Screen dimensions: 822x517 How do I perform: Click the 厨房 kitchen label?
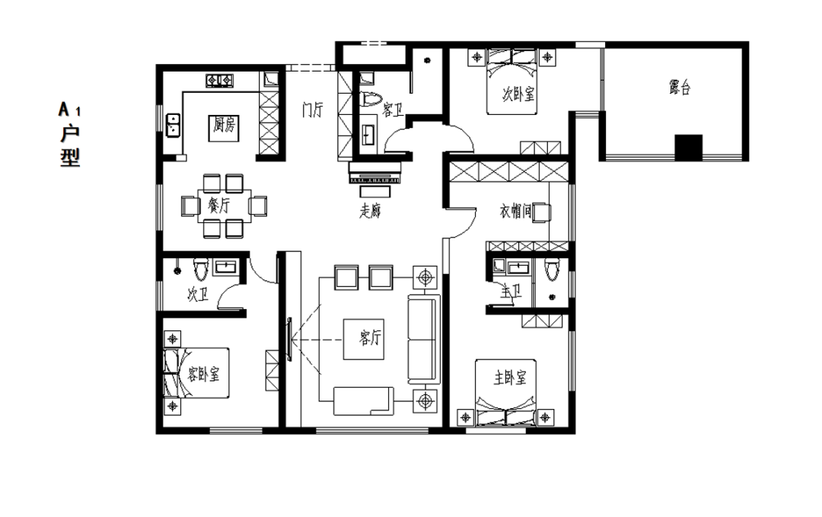pyautogui.click(x=225, y=125)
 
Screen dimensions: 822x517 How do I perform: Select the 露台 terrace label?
pyautogui.click(x=680, y=87)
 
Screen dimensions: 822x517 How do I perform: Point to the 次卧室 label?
pyautogui.click(x=518, y=94)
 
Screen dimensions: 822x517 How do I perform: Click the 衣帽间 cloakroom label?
pyautogui.click(x=515, y=212)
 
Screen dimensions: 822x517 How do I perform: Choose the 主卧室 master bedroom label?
pyautogui.click(x=510, y=378)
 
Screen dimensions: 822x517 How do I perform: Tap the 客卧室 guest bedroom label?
pyautogui.click(x=203, y=374)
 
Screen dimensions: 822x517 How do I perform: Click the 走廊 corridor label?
pyautogui.click(x=370, y=210)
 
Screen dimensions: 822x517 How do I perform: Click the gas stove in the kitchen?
pyautogui.click(x=220, y=80)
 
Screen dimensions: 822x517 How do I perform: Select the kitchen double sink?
pyautogui.click(x=173, y=125)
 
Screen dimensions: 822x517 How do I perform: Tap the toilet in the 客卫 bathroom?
pyautogui.click(x=371, y=100)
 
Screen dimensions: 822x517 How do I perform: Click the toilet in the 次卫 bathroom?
pyautogui.click(x=200, y=269)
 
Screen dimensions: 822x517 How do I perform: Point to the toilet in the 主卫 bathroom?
pyautogui.click(x=552, y=269)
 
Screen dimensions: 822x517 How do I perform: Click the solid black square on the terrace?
pyautogui.click(x=688, y=148)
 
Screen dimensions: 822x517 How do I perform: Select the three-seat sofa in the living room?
pyautogui.click(x=424, y=339)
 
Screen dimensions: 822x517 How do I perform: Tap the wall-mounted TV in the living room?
pyautogui.click(x=289, y=340)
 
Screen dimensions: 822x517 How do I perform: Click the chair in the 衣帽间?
pyautogui.click(x=542, y=212)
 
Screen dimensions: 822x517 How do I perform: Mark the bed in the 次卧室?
pyautogui.click(x=511, y=81)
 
